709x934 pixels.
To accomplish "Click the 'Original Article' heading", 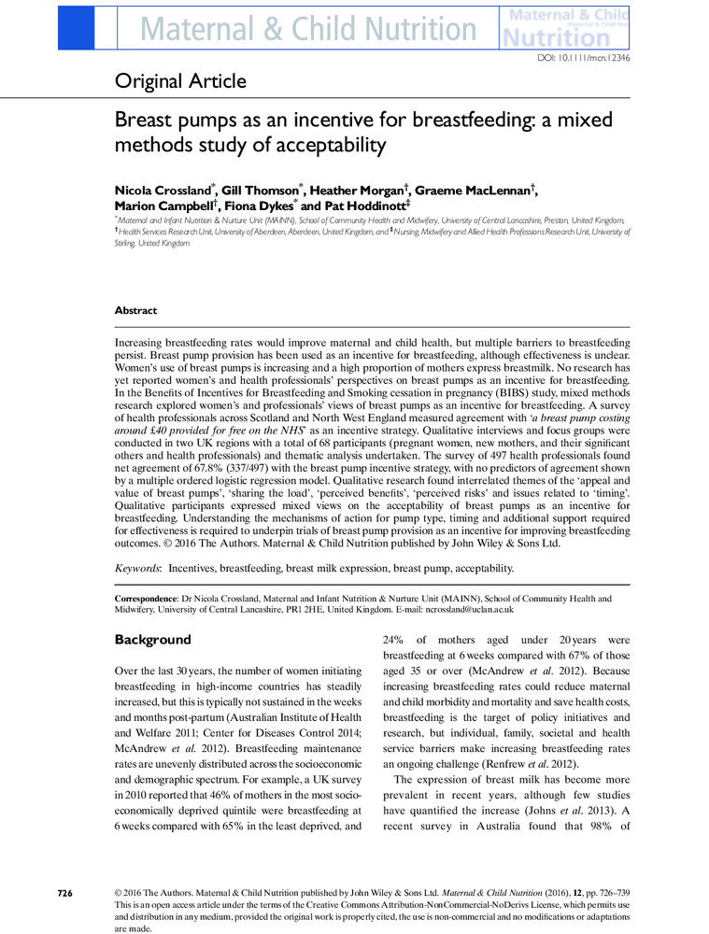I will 180,82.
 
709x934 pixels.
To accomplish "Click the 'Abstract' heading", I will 135,311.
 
